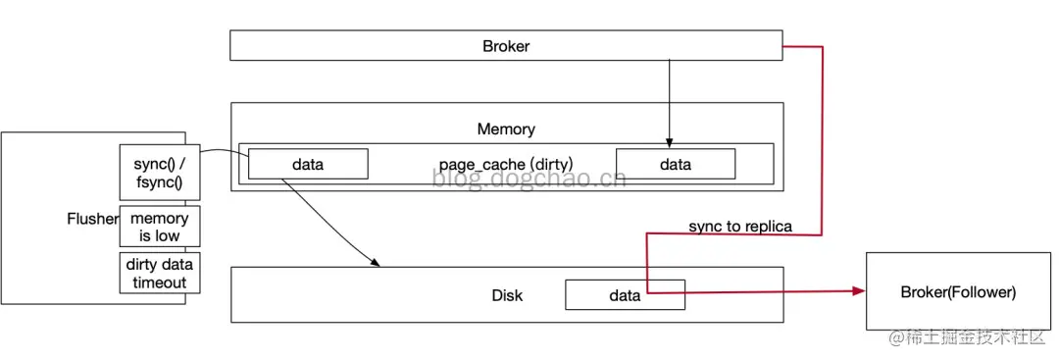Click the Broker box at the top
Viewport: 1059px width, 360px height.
(506, 46)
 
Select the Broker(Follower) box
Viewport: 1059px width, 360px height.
(958, 292)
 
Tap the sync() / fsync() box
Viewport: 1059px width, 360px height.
(159, 173)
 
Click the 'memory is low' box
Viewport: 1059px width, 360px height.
(159, 227)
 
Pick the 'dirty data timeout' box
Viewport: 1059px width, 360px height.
(159, 273)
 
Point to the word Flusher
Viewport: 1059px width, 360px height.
(92, 219)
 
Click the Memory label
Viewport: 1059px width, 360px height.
(506, 129)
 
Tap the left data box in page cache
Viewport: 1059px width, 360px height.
(308, 165)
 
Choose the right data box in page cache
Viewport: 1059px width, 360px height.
(676, 165)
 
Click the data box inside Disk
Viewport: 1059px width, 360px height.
(625, 295)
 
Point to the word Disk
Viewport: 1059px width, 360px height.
(507, 295)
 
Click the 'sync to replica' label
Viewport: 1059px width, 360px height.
(740, 227)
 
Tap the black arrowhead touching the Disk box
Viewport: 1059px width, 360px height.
(376, 262)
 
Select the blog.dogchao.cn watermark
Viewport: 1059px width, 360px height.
(529, 179)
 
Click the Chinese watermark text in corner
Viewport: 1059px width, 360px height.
(967, 338)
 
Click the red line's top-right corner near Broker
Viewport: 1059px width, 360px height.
(821, 46)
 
